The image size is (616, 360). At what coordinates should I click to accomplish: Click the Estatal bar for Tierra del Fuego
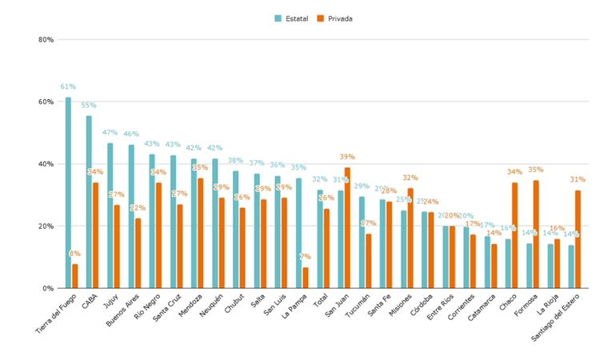pos(68,193)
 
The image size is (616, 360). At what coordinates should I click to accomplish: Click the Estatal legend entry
pos(294,18)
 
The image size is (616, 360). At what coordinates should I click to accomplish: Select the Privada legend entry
pos(334,18)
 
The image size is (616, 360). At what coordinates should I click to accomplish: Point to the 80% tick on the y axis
pos(46,39)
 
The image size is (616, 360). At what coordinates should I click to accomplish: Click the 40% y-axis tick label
pos(46,164)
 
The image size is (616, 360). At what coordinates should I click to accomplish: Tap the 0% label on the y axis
pos(48,288)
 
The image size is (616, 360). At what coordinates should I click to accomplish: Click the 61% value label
pos(68,86)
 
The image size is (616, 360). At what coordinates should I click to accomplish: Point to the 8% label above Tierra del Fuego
pos(75,254)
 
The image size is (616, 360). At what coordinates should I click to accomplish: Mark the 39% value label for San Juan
pos(347,157)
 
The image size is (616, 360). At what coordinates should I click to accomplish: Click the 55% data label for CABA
pos(89,105)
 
